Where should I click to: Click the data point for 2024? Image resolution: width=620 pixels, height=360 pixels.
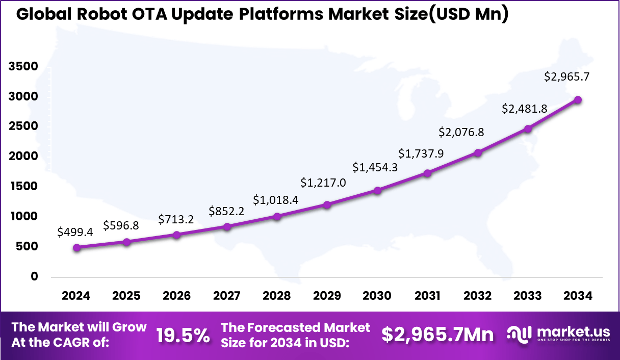pos(76,248)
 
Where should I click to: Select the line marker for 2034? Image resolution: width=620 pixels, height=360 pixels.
pos(578,100)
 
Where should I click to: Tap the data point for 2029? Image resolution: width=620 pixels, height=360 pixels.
pos(327,204)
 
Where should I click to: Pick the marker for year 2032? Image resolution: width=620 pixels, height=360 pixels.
pos(478,153)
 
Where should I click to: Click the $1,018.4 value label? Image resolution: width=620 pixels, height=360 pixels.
pos(276,199)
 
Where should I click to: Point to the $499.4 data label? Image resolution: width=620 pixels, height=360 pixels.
pos(75,232)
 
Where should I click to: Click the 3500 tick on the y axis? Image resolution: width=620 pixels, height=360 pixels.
pos(23,66)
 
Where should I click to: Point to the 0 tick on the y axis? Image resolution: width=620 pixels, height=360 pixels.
pos(34,276)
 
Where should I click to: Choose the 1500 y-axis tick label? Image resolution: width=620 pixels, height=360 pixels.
pos(23,187)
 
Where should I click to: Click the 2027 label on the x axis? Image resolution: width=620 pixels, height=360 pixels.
pos(227,296)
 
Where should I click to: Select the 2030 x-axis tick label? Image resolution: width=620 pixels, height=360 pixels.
pos(377,296)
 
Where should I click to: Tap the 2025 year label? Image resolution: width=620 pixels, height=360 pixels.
pos(126,296)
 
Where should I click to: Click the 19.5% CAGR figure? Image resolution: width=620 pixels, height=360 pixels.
pos(183,335)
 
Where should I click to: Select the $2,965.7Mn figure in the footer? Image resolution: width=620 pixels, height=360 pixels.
pos(437,335)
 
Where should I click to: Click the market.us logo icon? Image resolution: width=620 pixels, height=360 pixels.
pos(520,334)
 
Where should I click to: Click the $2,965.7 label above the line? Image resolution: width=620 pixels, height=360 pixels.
pos(566,77)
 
